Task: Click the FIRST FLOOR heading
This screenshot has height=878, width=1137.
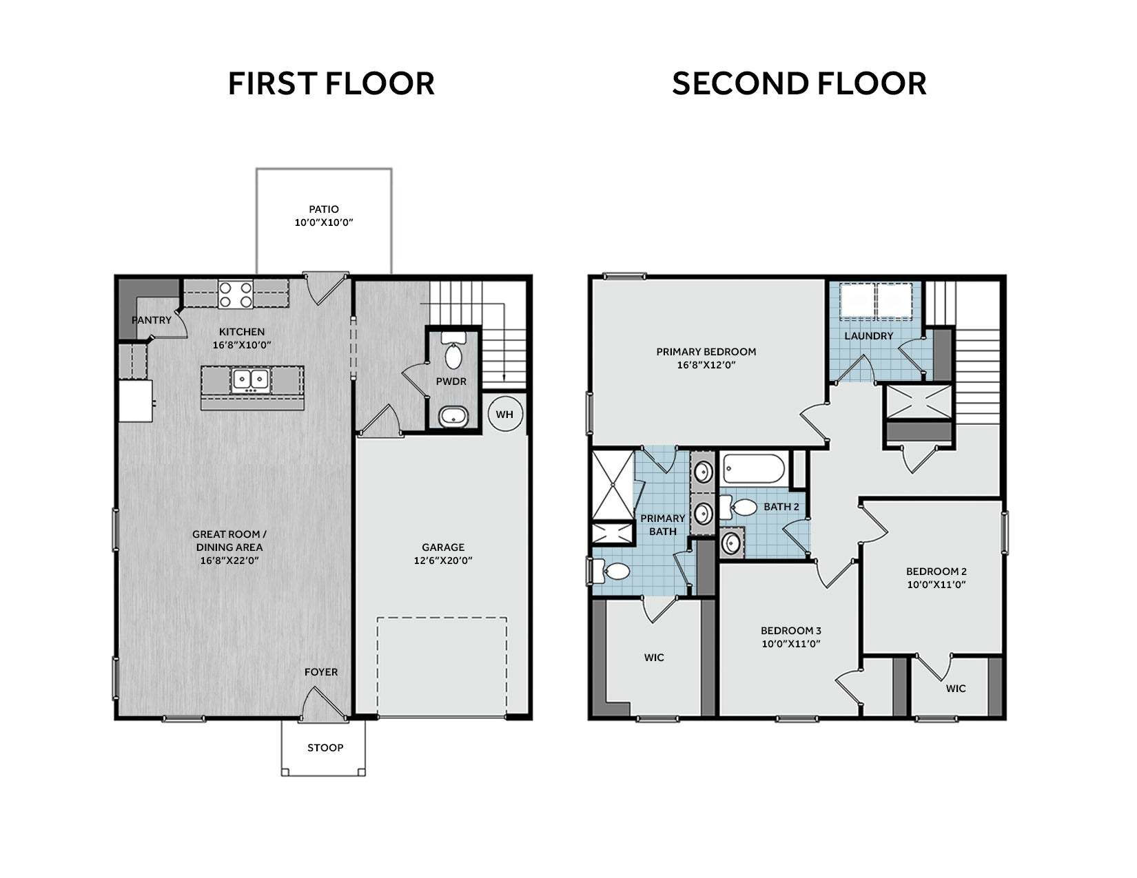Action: [x=331, y=84]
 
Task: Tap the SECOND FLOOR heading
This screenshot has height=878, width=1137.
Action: [x=799, y=84]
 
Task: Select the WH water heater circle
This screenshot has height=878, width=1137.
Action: [x=505, y=414]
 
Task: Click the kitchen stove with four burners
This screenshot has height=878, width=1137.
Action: [x=236, y=295]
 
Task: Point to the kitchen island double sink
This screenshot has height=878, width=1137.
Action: [x=251, y=380]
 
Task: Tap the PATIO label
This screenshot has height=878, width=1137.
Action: [x=324, y=209]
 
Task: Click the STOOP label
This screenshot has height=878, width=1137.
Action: [x=325, y=748]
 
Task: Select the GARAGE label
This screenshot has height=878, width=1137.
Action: [x=443, y=547]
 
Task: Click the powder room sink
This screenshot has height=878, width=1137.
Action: [x=453, y=417]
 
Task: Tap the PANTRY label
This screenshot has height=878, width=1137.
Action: [x=151, y=320]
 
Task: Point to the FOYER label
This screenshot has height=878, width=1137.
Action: [x=320, y=672]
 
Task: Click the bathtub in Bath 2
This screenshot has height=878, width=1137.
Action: [x=753, y=468]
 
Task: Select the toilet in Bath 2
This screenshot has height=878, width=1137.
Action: [x=738, y=507]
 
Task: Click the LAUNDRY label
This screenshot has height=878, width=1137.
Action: [x=868, y=336]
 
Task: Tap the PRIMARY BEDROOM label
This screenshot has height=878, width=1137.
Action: [x=706, y=352]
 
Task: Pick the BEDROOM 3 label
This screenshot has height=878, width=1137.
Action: [x=790, y=631]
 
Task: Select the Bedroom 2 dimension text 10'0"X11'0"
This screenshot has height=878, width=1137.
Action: [x=936, y=585]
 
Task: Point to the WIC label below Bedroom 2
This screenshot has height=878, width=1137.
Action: [x=956, y=689]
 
